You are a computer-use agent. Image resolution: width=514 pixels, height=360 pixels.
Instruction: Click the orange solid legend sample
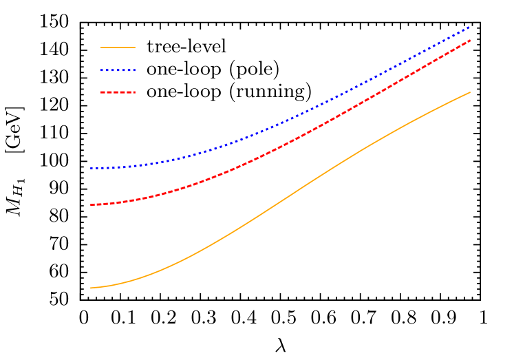pyautogui.click(x=118, y=47)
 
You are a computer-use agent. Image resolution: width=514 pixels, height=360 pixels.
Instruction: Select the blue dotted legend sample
pyautogui.click(x=118, y=70)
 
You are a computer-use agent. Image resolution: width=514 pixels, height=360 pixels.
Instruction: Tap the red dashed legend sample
pyautogui.click(x=118, y=92)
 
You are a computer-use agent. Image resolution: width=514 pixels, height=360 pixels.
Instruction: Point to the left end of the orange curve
pyautogui.click(x=91, y=288)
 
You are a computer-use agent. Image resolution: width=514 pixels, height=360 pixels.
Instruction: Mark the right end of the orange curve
pyautogui.click(x=470, y=92)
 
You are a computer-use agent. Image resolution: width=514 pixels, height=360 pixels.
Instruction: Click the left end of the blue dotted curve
pyautogui.click(x=91, y=168)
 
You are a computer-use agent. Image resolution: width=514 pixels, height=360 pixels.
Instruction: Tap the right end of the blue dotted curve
pyautogui.click(x=469, y=28)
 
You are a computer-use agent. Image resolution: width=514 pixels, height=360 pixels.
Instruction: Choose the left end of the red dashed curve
pyautogui.click(x=91, y=205)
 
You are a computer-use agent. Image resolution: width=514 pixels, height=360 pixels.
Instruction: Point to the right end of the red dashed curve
pyautogui.click(x=469, y=41)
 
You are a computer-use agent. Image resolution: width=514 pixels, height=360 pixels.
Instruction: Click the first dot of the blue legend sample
pyautogui.click(x=103, y=70)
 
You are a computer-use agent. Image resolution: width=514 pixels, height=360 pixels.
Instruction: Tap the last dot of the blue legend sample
pyautogui.click(x=133, y=70)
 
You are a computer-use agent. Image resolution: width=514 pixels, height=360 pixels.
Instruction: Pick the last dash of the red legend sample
pyautogui.click(x=132, y=92)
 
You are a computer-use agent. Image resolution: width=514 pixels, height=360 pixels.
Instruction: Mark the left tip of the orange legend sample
pyautogui.click(x=101, y=47)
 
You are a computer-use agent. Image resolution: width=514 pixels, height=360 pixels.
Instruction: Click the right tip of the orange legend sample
pyautogui.click(x=135, y=47)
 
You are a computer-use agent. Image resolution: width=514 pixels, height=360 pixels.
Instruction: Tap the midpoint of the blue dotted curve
pyautogui.click(x=280, y=124)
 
